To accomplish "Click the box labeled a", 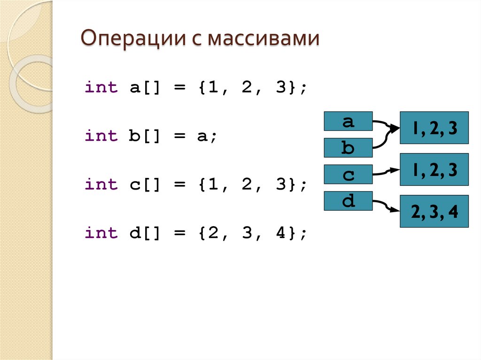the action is click(348, 121).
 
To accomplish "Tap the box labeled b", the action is click(348, 148).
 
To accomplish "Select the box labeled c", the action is click(348, 175).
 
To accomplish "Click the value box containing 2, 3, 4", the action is click(434, 211).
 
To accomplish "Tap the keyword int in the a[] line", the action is click(101, 87).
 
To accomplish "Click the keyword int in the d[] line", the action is click(101, 233).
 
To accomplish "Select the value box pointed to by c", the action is click(434, 169).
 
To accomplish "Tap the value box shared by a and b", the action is click(434, 128).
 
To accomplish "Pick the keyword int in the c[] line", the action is click(101, 184).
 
